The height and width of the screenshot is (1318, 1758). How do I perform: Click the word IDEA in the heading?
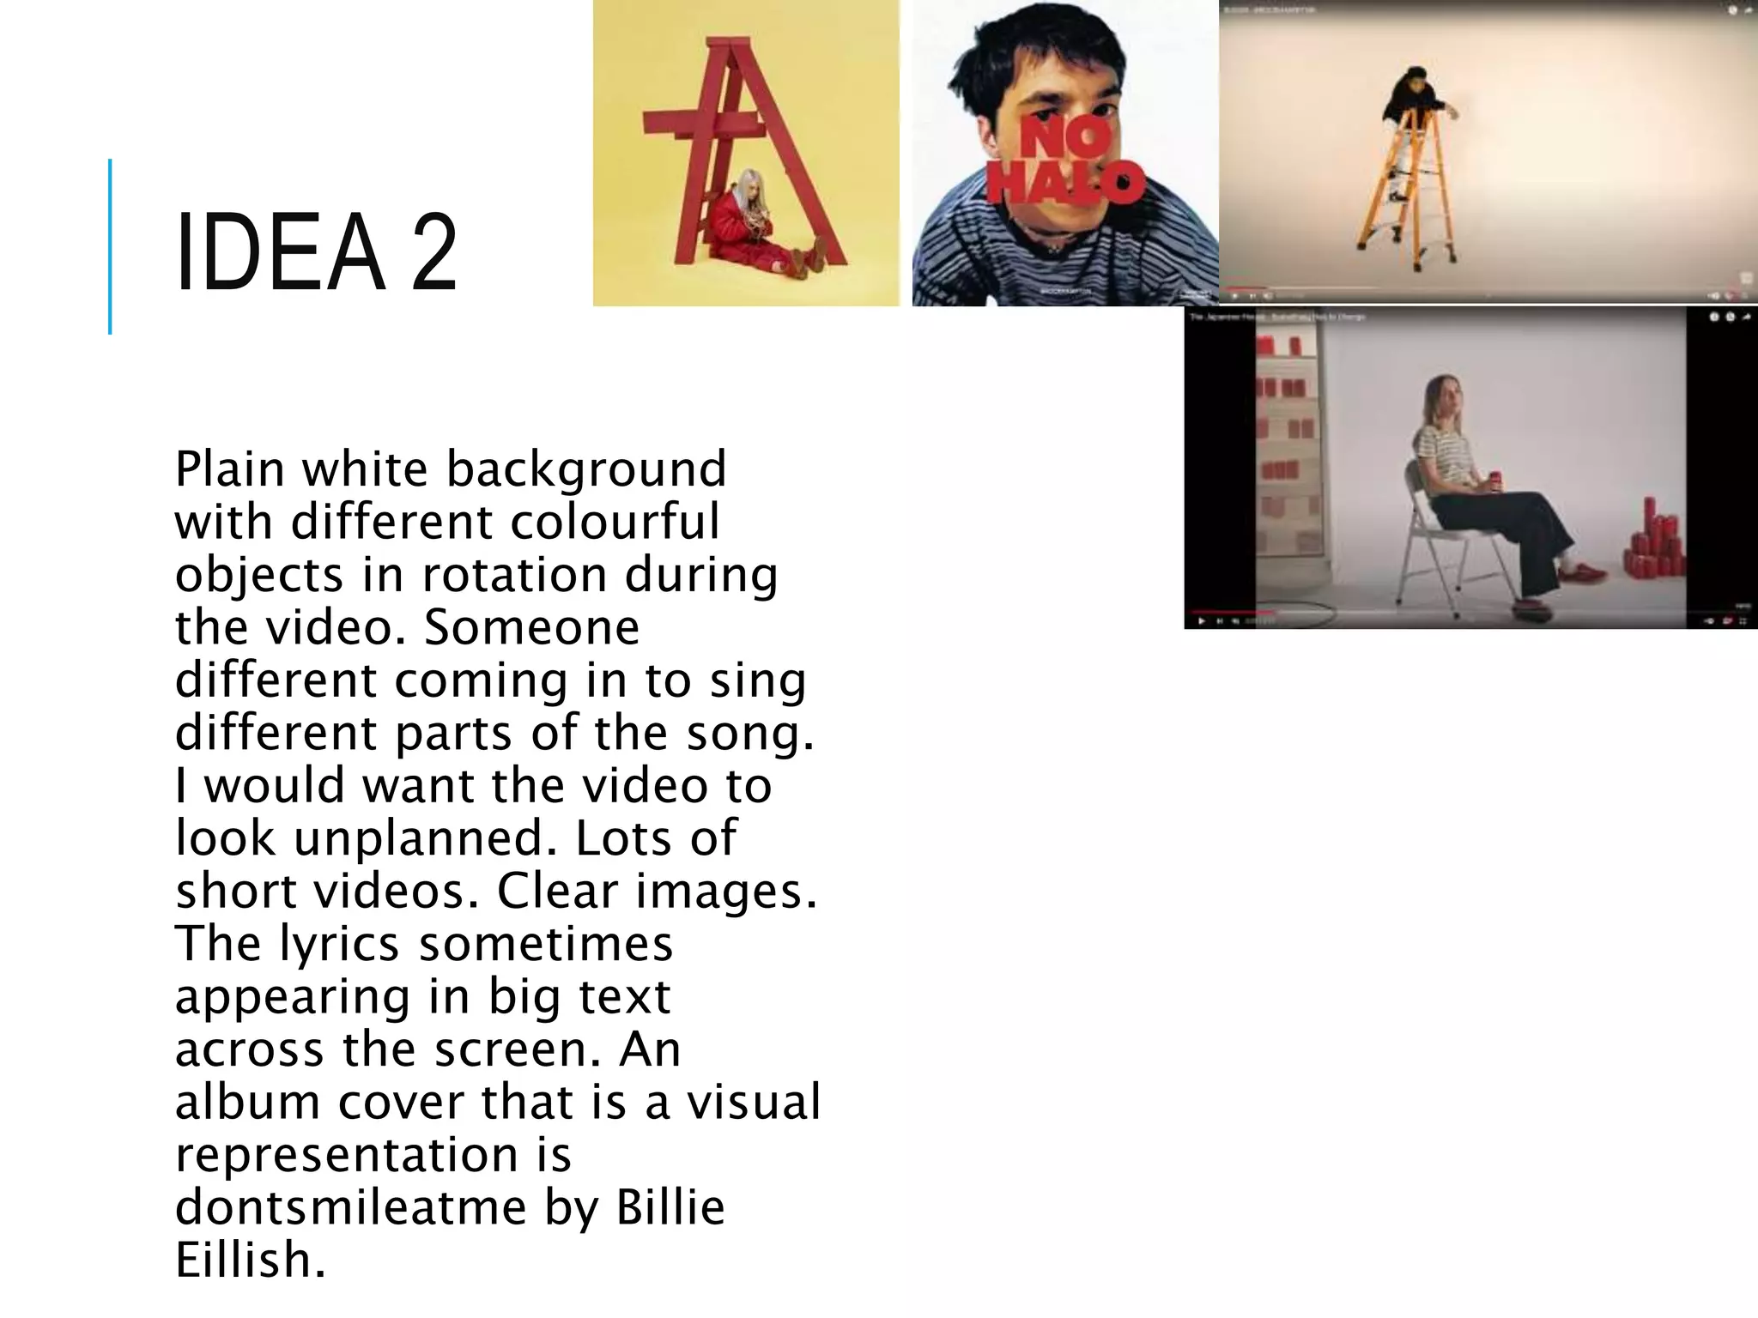pyautogui.click(x=280, y=254)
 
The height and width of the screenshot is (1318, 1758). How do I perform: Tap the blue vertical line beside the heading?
pyautogui.click(x=110, y=246)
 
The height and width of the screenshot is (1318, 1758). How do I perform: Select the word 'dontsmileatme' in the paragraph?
pyautogui.click(x=350, y=1207)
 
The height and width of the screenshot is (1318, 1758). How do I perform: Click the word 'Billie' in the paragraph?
pyautogui.click(x=670, y=1207)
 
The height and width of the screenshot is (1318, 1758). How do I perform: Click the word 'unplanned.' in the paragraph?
pyautogui.click(x=420, y=838)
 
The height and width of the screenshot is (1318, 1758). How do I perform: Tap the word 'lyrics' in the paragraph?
pyautogui.click(x=340, y=944)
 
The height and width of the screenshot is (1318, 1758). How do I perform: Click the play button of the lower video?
pyautogui.click(x=1201, y=620)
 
